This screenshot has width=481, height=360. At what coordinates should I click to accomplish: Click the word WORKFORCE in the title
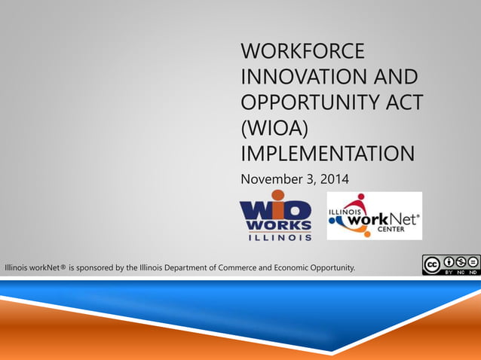click(302, 52)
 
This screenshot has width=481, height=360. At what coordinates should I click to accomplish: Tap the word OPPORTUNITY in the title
click(313, 102)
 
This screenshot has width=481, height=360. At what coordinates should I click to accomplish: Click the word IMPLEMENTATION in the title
click(326, 153)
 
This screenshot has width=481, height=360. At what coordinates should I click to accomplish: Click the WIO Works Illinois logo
click(276, 216)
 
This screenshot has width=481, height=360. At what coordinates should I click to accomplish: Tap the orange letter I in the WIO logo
click(277, 206)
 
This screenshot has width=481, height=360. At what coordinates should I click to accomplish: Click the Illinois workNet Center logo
click(374, 216)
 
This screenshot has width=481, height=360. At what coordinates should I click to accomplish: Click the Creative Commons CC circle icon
click(432, 264)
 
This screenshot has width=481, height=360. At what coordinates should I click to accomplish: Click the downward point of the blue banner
click(332, 351)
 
